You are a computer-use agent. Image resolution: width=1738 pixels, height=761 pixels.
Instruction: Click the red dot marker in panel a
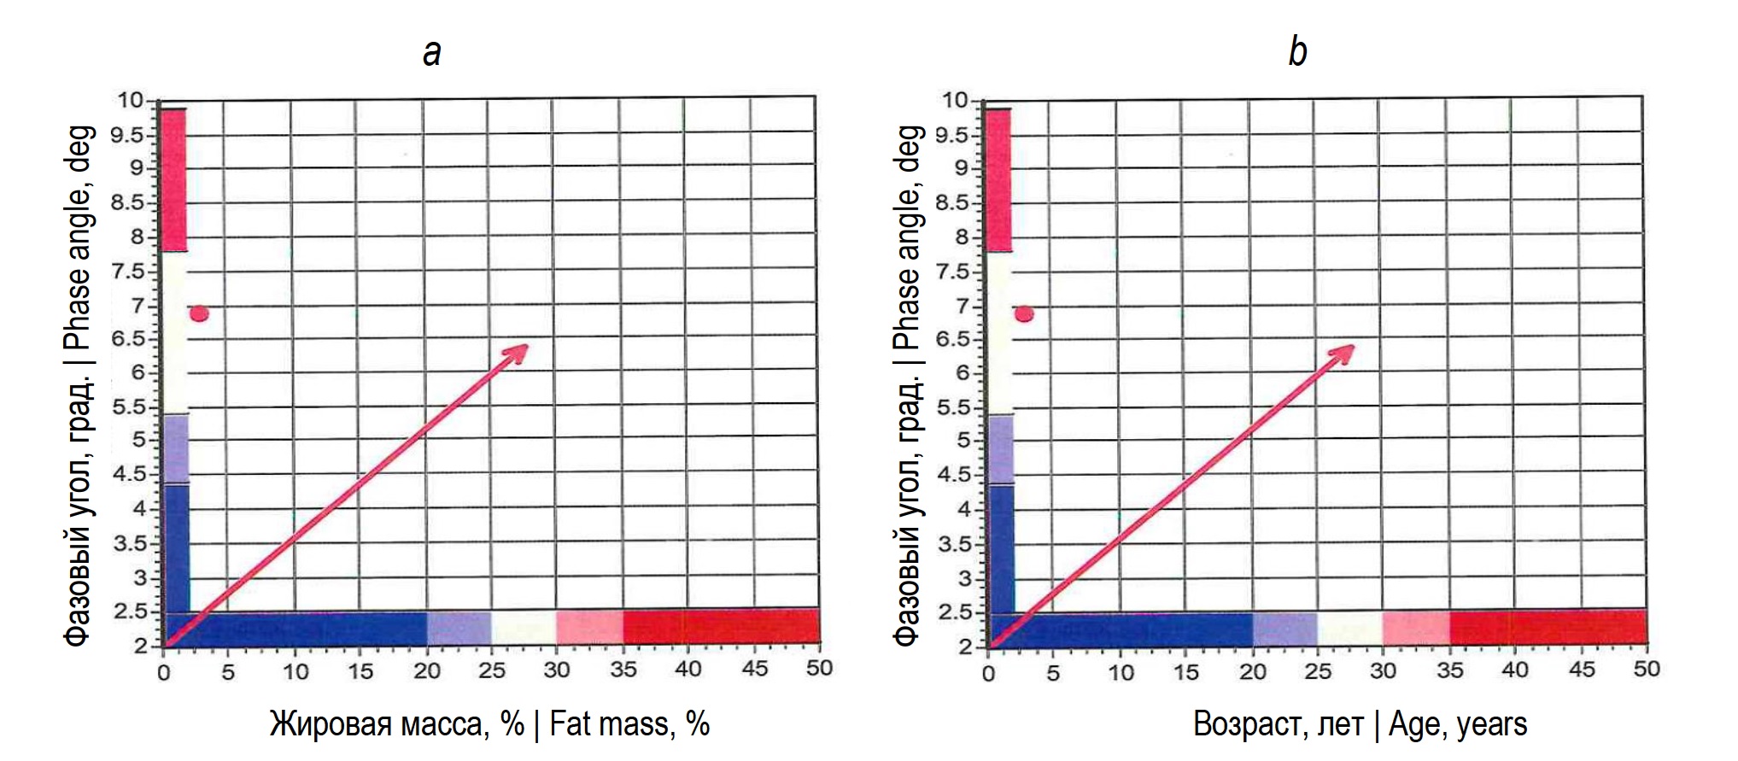[x=199, y=314]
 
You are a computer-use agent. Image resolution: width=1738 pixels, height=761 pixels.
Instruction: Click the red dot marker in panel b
[x=1024, y=314]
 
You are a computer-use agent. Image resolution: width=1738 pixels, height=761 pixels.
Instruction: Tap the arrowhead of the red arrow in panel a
[x=520, y=350]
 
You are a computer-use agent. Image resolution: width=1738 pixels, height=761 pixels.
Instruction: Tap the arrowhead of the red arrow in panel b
[x=1346, y=350]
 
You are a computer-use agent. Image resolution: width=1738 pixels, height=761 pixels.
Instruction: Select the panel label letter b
[x=1297, y=51]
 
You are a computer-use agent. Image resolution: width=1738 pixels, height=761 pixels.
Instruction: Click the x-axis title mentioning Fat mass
[x=489, y=724]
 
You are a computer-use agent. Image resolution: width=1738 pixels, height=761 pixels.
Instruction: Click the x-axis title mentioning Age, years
[x=1360, y=724]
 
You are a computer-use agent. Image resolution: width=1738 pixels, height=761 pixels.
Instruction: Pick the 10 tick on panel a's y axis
[x=132, y=101]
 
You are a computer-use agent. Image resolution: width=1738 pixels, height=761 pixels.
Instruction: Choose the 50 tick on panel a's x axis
[x=819, y=668]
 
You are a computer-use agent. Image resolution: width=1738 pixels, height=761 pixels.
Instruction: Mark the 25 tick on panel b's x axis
[x=1318, y=671]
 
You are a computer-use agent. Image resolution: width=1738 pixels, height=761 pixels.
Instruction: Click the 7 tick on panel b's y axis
[x=963, y=306]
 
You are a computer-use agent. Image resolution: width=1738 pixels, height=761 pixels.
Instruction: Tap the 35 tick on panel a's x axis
[x=623, y=670]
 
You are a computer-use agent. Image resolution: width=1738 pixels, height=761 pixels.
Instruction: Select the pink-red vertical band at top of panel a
[x=173, y=179]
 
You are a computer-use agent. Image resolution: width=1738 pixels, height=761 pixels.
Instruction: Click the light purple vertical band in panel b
[x=1000, y=449]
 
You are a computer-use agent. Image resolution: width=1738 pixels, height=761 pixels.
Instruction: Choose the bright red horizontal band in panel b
[x=1548, y=628]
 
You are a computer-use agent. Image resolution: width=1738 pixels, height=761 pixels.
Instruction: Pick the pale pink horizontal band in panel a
[x=589, y=628]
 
